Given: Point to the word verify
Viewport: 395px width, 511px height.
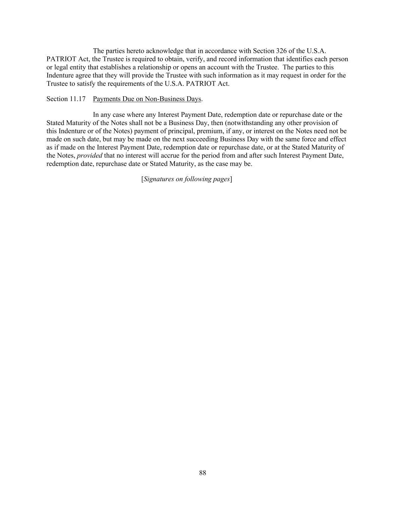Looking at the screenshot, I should tap(194, 59).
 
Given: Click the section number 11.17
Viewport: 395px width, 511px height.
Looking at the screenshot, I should tap(78, 99).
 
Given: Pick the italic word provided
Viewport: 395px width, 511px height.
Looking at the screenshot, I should tap(89, 155).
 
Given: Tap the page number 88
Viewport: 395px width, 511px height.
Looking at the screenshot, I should tap(203, 473).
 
